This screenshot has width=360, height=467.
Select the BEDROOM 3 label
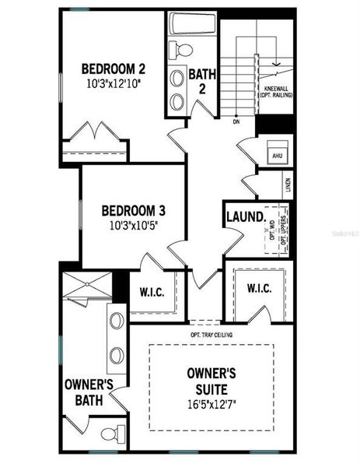coord(134,211)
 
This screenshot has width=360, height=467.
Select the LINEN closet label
coord(288,184)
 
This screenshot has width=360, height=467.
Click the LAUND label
coord(243,217)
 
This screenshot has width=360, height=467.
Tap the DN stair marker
coord(235,121)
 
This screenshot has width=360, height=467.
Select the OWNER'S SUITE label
coord(211,380)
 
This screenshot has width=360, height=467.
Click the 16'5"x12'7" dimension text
coord(211,403)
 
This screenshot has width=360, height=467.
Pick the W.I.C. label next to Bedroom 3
coord(151,293)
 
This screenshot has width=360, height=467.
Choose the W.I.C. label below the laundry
coord(259,289)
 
